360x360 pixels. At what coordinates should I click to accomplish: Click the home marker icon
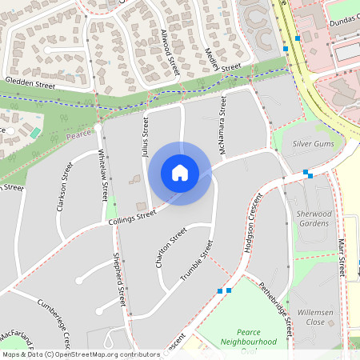coord(180,173)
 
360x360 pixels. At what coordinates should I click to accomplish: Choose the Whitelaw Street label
coord(102,175)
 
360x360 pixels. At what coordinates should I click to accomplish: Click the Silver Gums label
coord(313,142)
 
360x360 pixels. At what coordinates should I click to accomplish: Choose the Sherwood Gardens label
coord(313,218)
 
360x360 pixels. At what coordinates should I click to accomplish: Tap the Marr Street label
coord(342,257)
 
